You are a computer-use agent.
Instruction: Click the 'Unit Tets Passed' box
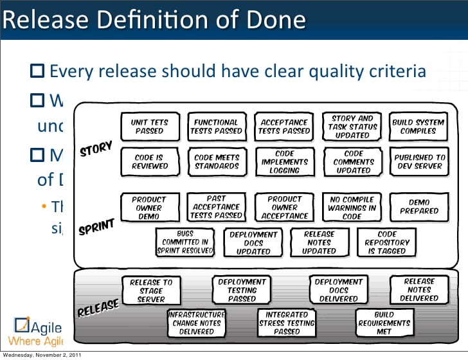149,126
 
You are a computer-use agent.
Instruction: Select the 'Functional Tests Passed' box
216,126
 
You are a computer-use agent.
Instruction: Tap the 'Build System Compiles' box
418,126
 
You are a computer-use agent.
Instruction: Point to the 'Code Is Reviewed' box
149,161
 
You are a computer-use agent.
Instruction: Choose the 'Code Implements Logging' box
285,162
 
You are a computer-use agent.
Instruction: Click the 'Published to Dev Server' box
419,161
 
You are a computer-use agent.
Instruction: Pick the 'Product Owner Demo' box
149,208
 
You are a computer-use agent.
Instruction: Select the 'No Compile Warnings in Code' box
352,208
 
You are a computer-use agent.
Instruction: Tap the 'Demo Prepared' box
419,206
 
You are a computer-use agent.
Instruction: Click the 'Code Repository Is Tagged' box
387,242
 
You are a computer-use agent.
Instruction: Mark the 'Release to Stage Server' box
151,290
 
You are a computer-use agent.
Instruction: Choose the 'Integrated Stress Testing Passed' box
287,323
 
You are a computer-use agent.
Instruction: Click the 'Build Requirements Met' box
384,323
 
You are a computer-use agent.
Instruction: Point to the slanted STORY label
96,149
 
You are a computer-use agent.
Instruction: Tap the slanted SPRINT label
96,228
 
